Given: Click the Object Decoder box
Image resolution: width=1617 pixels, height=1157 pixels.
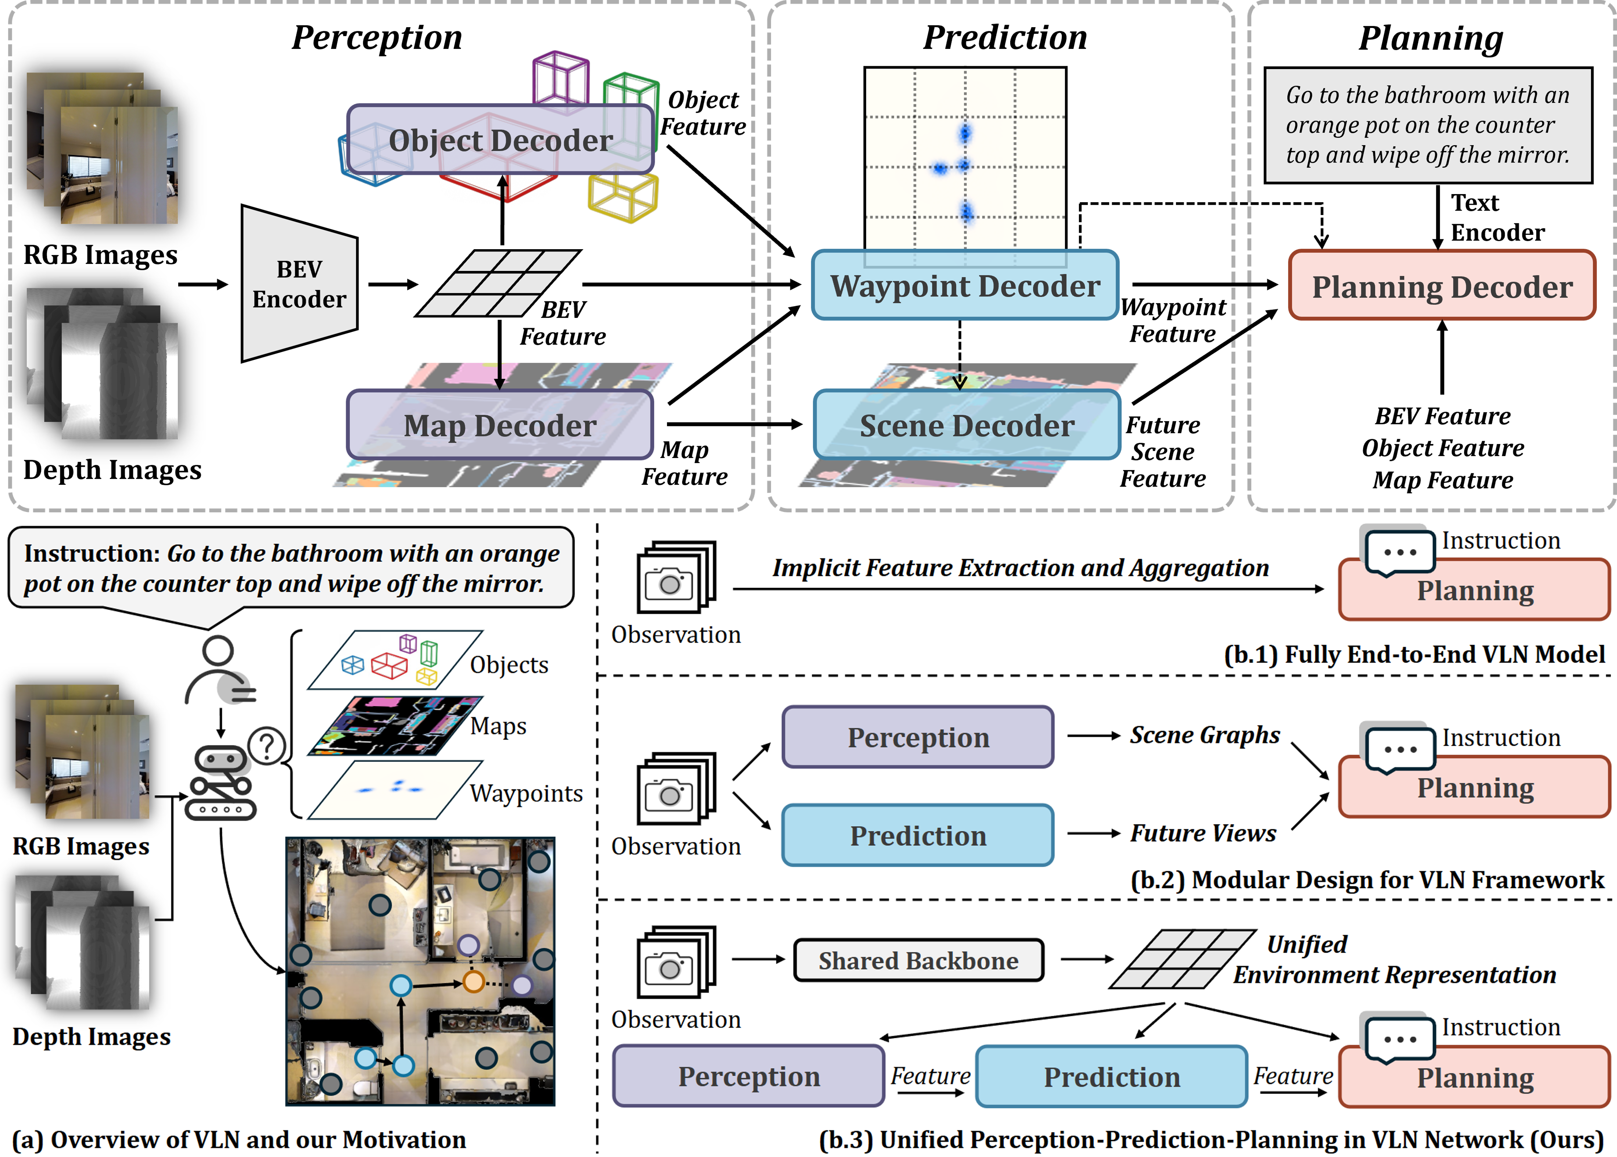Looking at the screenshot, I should [500, 140].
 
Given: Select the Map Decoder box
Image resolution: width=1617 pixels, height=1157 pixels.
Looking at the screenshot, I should [500, 425].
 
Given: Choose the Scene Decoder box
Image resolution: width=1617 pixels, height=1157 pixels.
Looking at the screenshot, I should [967, 425].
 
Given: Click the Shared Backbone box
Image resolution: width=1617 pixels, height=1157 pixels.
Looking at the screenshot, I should [918, 960].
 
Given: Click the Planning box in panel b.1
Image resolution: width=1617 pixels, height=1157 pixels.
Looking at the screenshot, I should [1474, 591].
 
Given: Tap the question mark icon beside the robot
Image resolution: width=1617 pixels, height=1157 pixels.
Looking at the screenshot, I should [267, 746].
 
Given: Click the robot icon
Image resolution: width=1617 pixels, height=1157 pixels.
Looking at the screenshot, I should [221, 784].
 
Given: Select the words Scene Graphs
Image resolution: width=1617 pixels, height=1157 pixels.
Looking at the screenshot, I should [1205, 735].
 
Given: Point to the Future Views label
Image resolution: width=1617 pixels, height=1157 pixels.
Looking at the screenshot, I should [1203, 833].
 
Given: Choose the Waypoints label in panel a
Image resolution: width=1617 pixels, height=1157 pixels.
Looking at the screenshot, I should [526, 793].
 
